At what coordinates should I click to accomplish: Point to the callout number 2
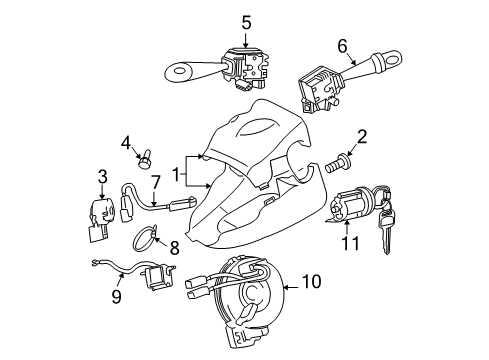tap(362, 137)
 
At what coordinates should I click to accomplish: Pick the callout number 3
tap(102, 177)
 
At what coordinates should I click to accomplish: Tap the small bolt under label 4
tap(148, 157)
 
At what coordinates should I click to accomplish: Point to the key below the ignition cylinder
tap(382, 224)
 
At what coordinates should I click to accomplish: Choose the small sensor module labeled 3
tap(98, 213)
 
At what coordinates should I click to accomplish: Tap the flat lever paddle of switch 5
tap(185, 72)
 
